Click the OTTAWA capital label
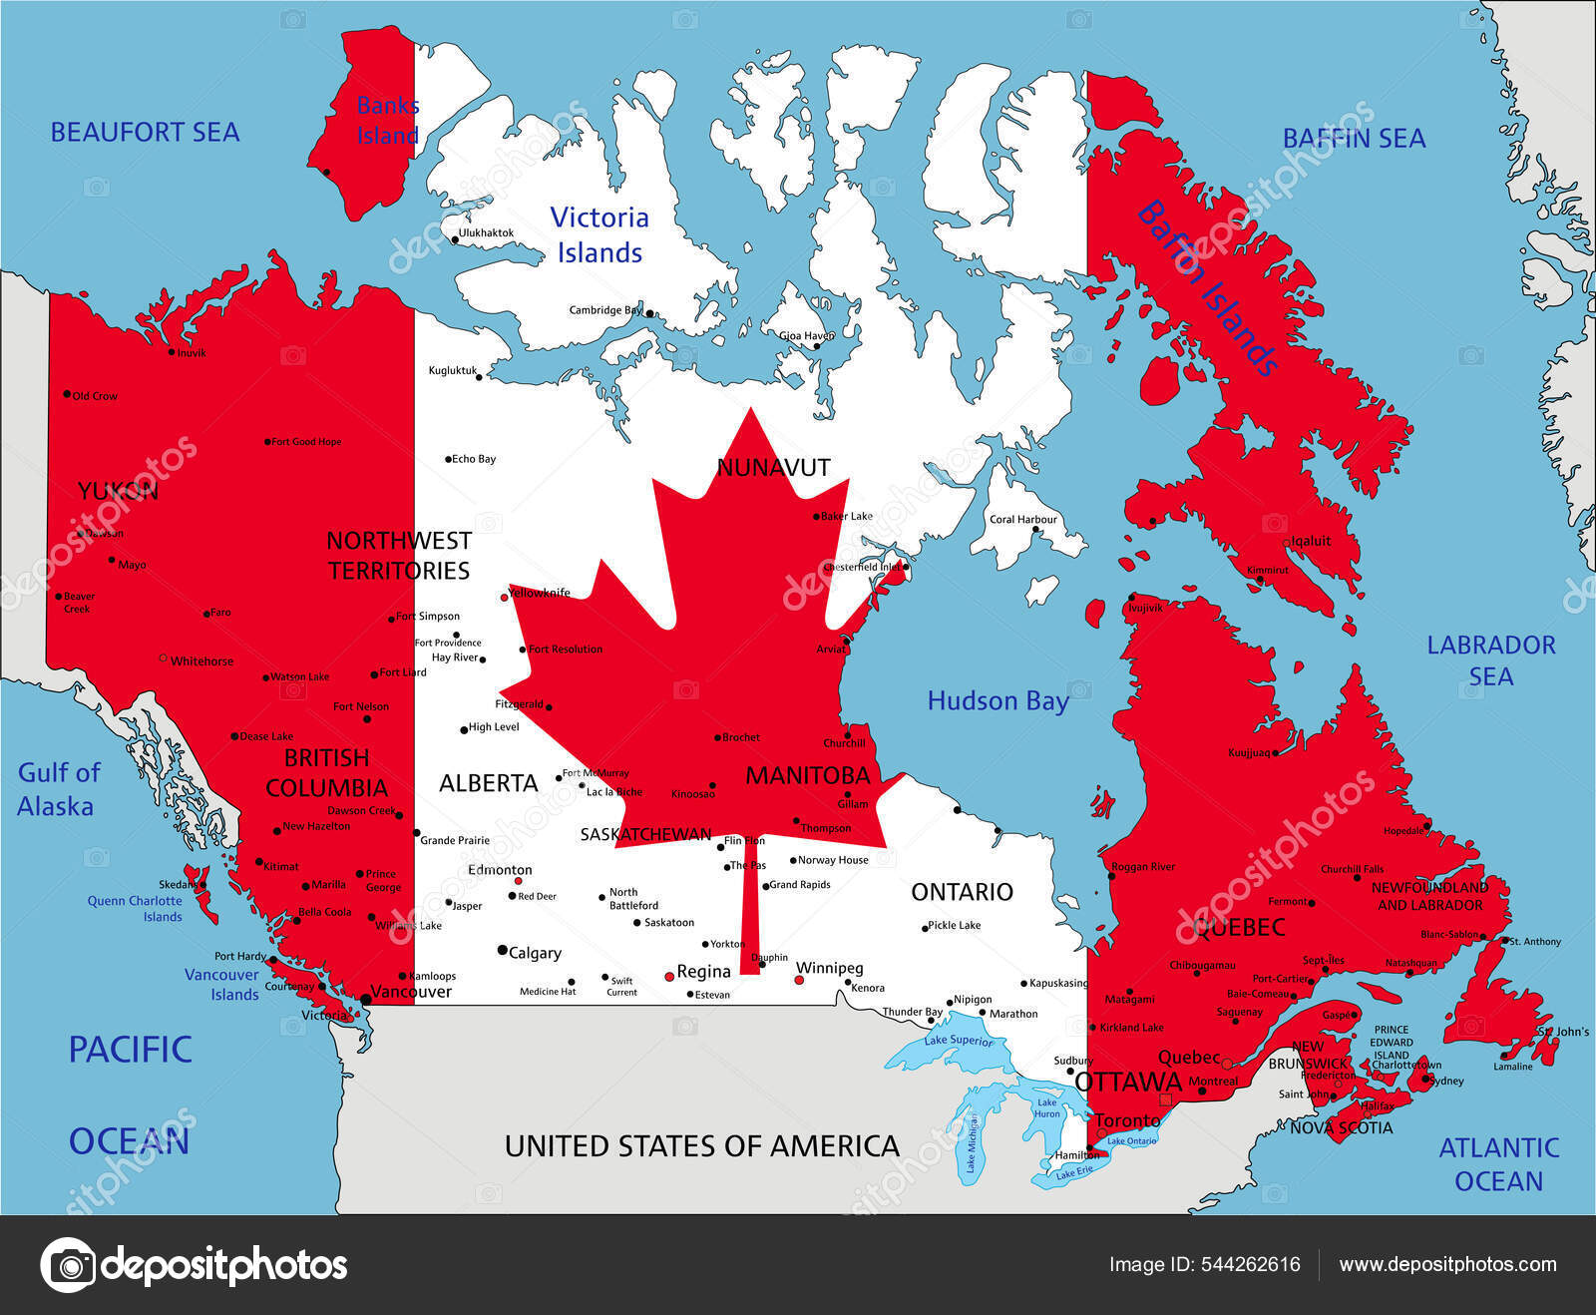(x=1127, y=1083)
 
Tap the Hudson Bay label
(x=997, y=701)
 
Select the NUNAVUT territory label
(x=773, y=467)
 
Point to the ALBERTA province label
(x=488, y=783)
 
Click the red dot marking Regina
(x=669, y=977)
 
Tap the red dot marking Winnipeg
(x=799, y=981)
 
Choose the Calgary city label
(x=535, y=953)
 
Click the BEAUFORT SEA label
(x=145, y=132)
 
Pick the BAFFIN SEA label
(x=1354, y=139)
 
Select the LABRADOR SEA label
(x=1490, y=660)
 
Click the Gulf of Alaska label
(x=58, y=789)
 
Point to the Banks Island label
(x=387, y=120)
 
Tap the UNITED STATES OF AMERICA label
(x=701, y=1146)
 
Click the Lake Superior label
(x=958, y=1041)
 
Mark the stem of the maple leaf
(x=749, y=908)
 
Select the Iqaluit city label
(x=1311, y=541)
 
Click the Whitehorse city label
(x=201, y=660)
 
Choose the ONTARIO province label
(x=962, y=891)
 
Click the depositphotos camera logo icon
(x=68, y=1265)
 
